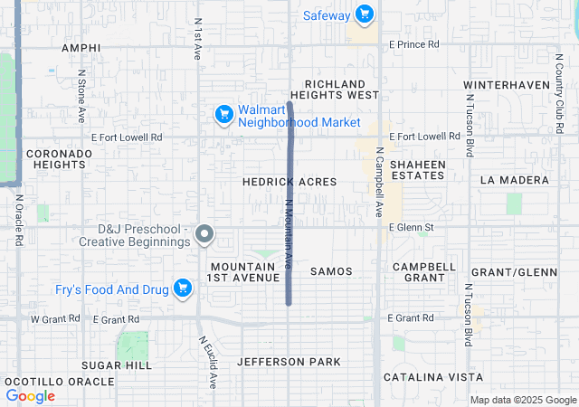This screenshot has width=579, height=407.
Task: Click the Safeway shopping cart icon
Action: coord(364,14)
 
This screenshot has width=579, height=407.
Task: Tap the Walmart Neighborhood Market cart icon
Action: coord(223,115)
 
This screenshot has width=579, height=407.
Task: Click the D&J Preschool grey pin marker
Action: coord(204,234)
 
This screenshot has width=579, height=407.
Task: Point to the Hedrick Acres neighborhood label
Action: coord(289,182)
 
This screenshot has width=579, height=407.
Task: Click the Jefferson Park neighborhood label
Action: coord(289,362)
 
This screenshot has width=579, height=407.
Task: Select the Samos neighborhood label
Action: coord(331,271)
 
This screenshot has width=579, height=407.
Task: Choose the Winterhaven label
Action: coord(507,85)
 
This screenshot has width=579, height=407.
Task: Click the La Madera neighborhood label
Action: coord(515,180)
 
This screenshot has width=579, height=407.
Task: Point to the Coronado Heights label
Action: coord(59,159)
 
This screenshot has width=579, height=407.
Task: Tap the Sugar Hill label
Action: coord(117,364)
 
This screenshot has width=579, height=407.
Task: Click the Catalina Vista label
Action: coord(432,376)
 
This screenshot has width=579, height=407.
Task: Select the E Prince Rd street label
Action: coord(413,43)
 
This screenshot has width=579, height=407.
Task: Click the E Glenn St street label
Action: coord(412,228)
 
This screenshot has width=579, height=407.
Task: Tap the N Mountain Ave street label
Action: coord(289,233)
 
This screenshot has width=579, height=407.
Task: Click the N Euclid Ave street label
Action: coord(207,362)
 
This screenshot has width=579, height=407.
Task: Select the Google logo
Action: coord(31,396)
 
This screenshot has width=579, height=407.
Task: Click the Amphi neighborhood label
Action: coord(81,47)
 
